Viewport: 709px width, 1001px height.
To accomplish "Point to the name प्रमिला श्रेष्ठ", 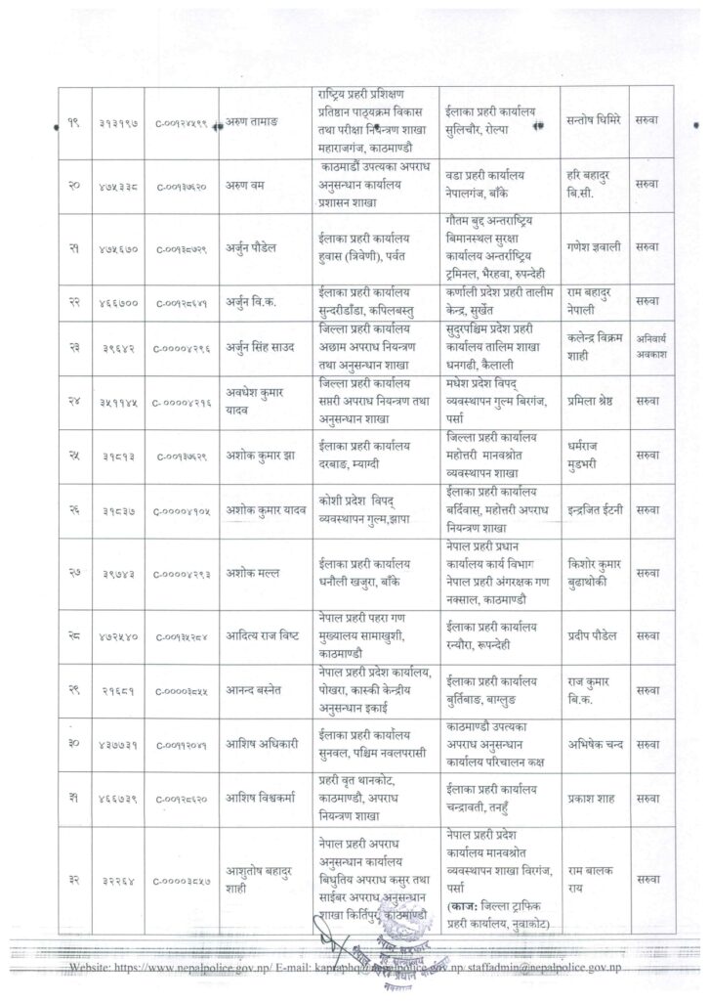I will click(x=594, y=403).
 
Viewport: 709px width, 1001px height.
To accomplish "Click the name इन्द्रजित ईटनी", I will click(x=595, y=509).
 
